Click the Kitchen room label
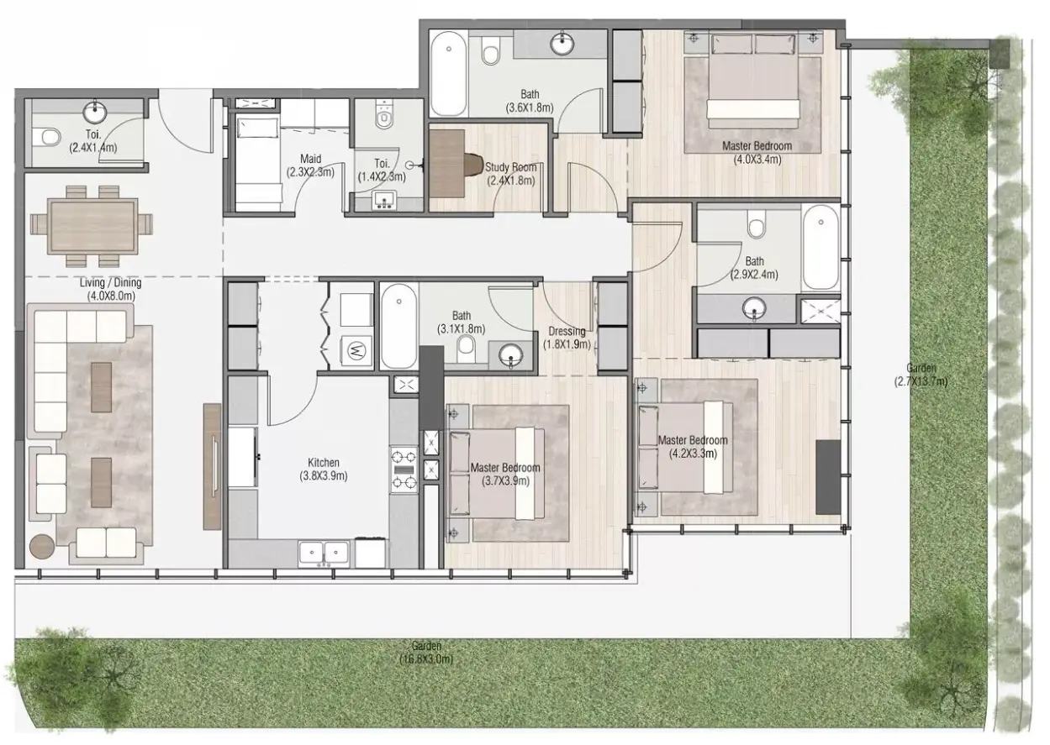(324, 463)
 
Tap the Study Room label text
(511, 167)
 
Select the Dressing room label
(567, 332)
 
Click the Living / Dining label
(111, 282)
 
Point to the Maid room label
(310, 159)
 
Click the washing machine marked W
(356, 350)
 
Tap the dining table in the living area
(92, 227)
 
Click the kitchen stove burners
(404, 470)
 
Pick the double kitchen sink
(324, 554)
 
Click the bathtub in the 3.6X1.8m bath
(449, 74)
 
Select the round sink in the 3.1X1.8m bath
(510, 356)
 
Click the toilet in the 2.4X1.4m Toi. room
(48, 137)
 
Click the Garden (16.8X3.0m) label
(426, 653)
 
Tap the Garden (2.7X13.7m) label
(921, 375)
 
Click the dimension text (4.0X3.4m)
(757, 160)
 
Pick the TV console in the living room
(212, 466)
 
